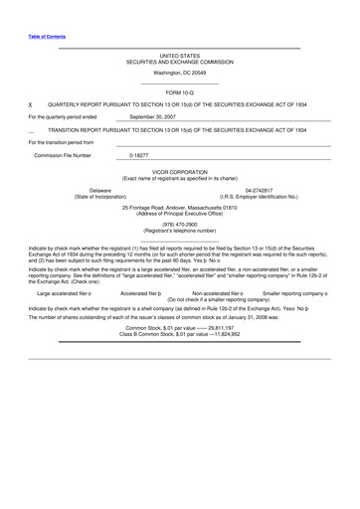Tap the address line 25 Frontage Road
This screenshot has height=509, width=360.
pos(179,207)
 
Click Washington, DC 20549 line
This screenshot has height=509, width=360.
pos(179,73)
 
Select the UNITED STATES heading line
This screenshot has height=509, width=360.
pos(179,56)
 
